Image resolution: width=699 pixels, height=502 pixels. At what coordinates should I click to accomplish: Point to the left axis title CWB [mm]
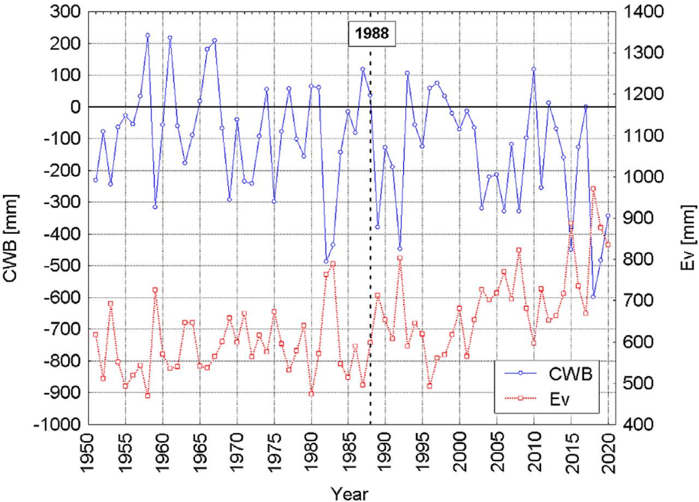tap(12, 237)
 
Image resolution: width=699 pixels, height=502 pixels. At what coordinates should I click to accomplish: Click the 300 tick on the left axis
tap(64, 12)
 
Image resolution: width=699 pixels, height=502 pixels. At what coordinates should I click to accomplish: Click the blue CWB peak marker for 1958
tap(147, 36)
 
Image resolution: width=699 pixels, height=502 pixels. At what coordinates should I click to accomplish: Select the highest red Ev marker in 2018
tap(593, 188)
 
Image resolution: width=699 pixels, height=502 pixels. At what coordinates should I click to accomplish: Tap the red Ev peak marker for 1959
tap(155, 290)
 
